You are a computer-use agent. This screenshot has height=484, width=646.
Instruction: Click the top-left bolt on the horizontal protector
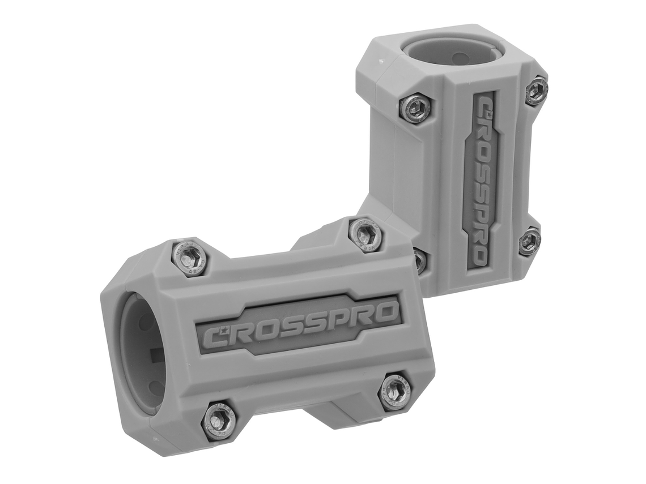tap(189, 258)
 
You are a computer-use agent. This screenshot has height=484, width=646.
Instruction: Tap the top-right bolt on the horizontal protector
tap(365, 234)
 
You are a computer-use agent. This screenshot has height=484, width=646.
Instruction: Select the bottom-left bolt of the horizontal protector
tap(219, 420)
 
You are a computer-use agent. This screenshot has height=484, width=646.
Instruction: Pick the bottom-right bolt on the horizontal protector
tap(394, 391)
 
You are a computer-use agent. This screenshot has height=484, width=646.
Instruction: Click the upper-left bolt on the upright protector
tap(415, 108)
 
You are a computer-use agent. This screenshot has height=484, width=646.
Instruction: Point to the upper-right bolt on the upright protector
tap(535, 91)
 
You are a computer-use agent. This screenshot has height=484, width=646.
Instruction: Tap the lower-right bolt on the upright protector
tap(529, 241)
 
